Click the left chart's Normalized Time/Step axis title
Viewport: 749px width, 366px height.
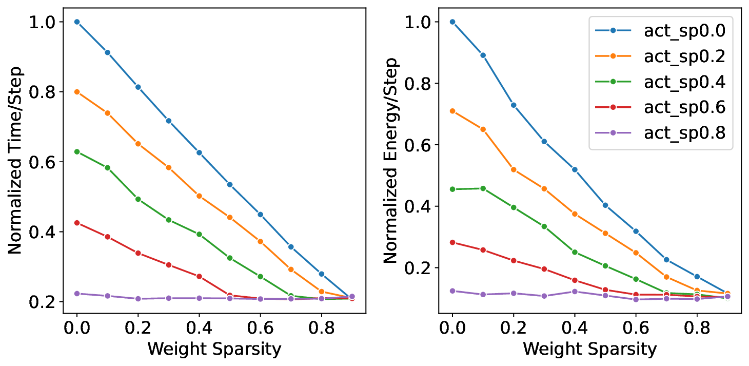pyautogui.click(x=15, y=160)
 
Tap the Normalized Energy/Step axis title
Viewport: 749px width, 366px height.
pyautogui.click(x=391, y=160)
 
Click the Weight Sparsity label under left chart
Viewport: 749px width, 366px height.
pyautogui.click(x=214, y=349)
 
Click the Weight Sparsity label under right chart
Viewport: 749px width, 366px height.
pyautogui.click(x=589, y=349)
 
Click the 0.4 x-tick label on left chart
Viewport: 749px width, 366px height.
pyautogui.click(x=199, y=329)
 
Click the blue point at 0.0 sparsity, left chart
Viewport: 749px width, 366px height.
pyautogui.click(x=77, y=22)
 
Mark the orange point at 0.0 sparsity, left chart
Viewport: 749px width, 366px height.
pyautogui.click(x=77, y=92)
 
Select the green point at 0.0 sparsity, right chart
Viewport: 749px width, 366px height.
pyautogui.click(x=452, y=189)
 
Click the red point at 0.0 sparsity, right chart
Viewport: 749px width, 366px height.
pyautogui.click(x=452, y=242)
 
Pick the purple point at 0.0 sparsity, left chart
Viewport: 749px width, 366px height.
pyautogui.click(x=77, y=294)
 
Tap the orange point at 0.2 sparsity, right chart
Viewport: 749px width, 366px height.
pyautogui.click(x=514, y=169)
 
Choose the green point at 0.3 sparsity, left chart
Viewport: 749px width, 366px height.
pyautogui.click(x=168, y=220)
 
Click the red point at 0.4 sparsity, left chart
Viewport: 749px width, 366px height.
pyautogui.click(x=199, y=277)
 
